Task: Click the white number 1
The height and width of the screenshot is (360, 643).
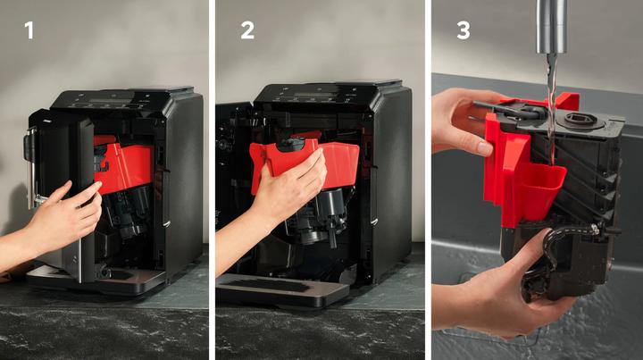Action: pyautogui.click(x=29, y=30)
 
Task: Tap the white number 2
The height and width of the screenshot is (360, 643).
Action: pyautogui.click(x=247, y=30)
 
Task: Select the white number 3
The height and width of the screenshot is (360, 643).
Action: pyautogui.click(x=463, y=30)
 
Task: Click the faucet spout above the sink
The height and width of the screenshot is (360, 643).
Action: pyautogui.click(x=552, y=26)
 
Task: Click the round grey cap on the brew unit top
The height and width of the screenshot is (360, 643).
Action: pyautogui.click(x=580, y=121)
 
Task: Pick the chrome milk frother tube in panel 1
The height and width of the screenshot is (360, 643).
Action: pyautogui.click(x=31, y=168)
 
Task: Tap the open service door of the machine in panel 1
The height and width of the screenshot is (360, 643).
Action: pyautogui.click(x=62, y=193)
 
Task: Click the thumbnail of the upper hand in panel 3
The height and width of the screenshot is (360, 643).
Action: pyautogui.click(x=484, y=147)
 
